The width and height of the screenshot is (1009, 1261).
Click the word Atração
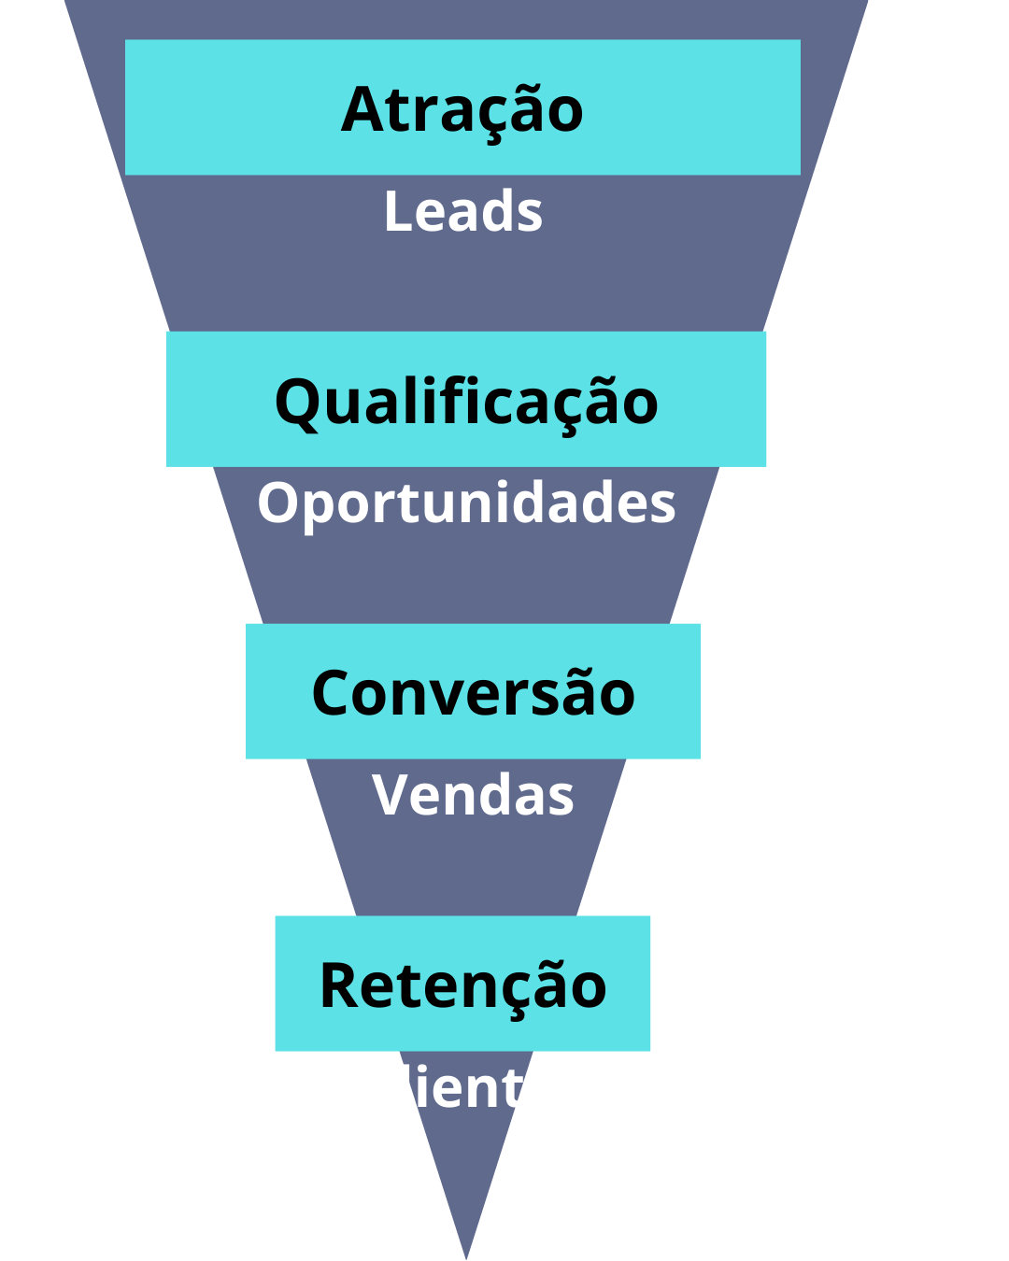coord(462,110)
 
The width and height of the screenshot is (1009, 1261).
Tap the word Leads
coord(463,212)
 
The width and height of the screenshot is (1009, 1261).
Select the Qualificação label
coord(466,403)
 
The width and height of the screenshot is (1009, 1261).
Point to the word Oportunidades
coord(466,503)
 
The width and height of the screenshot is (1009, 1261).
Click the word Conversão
coord(473,694)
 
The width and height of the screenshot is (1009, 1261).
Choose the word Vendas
coord(473,796)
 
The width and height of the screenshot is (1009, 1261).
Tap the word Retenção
coord(463,986)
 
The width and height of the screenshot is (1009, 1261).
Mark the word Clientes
coord(473,1088)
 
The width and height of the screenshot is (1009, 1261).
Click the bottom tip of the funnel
coord(466,1254)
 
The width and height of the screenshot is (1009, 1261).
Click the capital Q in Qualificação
coord(297,404)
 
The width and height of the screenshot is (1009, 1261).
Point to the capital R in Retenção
coord(340,986)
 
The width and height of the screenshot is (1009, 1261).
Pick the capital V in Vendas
coord(392,796)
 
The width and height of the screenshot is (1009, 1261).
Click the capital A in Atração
coord(362,110)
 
